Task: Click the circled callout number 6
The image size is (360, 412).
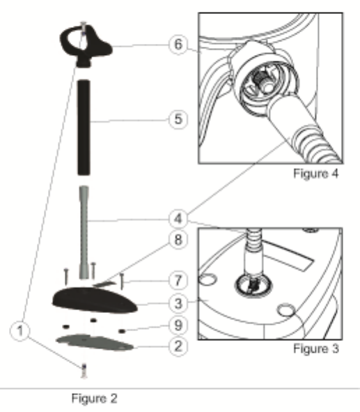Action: pyautogui.click(x=178, y=45)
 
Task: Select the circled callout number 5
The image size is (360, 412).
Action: pyautogui.click(x=178, y=119)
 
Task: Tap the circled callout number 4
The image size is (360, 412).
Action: pyautogui.click(x=178, y=219)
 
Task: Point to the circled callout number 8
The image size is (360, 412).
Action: pyautogui.click(x=178, y=240)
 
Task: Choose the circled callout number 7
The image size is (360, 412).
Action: pyautogui.click(x=178, y=281)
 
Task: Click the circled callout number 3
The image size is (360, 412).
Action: pyautogui.click(x=178, y=303)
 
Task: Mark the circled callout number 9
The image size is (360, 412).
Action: pyautogui.click(x=178, y=326)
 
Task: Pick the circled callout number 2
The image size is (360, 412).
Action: pyautogui.click(x=178, y=346)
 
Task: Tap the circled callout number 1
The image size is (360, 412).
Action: pyautogui.click(x=20, y=331)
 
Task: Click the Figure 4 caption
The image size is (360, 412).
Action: pyautogui.click(x=316, y=174)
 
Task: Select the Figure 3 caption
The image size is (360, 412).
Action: pyautogui.click(x=316, y=349)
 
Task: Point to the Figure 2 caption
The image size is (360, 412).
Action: pyautogui.click(x=95, y=398)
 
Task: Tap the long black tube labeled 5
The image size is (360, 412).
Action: pyautogui.click(x=84, y=128)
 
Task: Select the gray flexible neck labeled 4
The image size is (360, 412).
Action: pyautogui.click(x=84, y=233)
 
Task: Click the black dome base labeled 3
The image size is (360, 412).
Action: pyautogui.click(x=95, y=300)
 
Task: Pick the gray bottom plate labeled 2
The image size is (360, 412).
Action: pyautogui.click(x=95, y=342)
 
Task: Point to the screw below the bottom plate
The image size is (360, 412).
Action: pyautogui.click(x=84, y=371)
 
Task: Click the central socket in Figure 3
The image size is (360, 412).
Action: pyautogui.click(x=253, y=285)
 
